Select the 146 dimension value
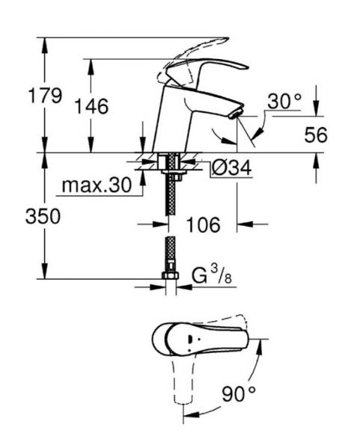[x=91, y=107]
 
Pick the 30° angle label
[x=284, y=101]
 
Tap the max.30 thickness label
[x=93, y=184]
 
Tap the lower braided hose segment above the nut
[x=170, y=254]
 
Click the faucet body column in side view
[x=168, y=123]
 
